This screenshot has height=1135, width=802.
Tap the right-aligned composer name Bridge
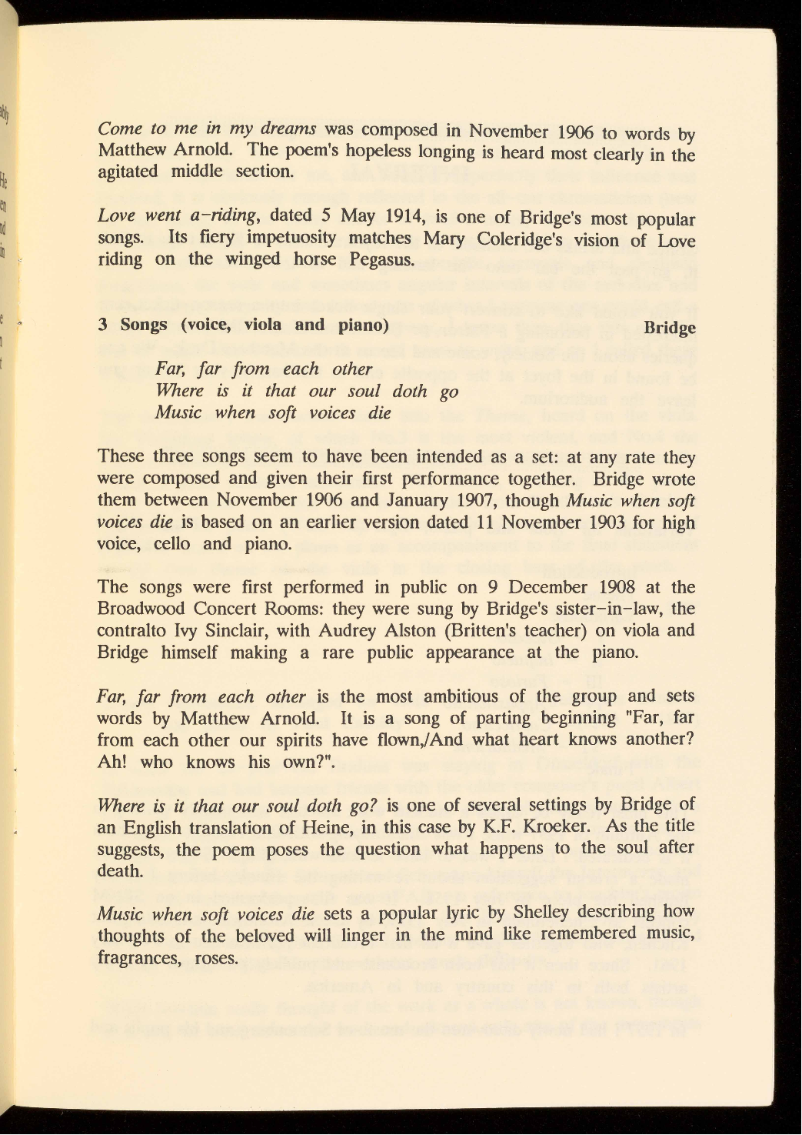click(669, 327)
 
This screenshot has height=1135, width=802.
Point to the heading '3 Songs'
click(132, 324)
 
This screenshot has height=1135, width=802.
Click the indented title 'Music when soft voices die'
click(273, 412)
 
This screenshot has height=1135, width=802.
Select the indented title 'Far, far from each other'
click(264, 369)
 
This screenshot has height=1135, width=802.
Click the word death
click(120, 871)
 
